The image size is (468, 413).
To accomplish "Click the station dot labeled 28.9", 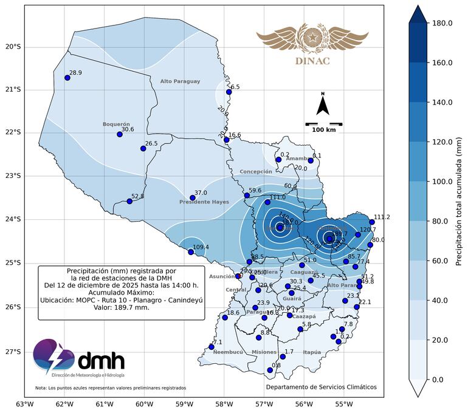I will pos(67,78).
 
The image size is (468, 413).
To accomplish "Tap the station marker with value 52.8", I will pos(129,201).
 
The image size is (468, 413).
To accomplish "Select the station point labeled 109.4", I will pos(191,252).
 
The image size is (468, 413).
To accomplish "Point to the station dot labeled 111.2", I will pos(372,222).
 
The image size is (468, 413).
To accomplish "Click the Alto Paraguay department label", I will pos(180,81).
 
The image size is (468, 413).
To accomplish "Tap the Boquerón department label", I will pos(116,124).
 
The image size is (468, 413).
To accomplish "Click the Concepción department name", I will pos(256,172).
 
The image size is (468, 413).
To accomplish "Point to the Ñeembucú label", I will pos(229,352).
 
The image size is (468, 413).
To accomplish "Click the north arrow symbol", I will pos(323,105).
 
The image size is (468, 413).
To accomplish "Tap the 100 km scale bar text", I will pos(324,130).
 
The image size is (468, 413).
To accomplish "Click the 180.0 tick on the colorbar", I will pos(441,23).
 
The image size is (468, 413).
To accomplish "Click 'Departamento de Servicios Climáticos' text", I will pos(321,387).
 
